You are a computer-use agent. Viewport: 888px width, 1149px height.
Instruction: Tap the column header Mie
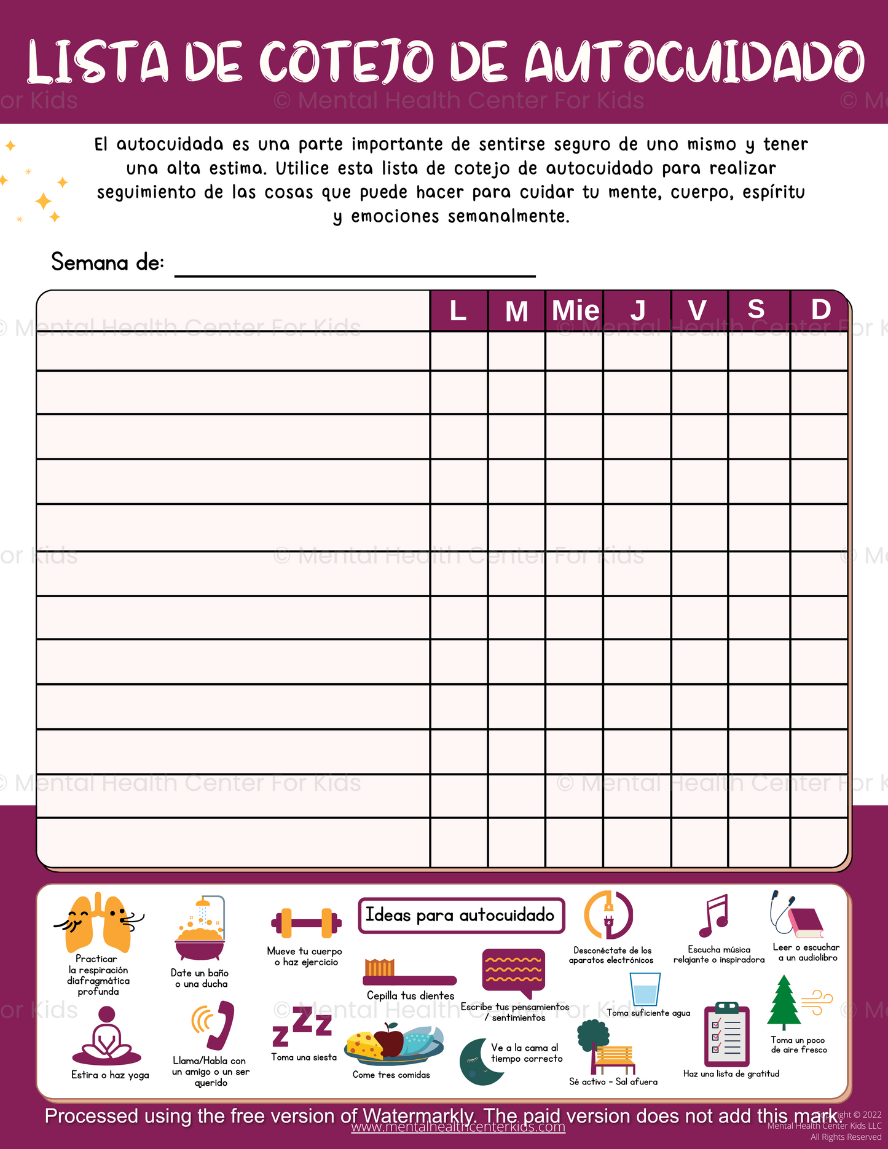point(575,310)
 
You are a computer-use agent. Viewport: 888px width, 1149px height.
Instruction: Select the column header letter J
point(637,310)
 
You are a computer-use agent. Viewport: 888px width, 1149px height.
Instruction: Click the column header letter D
point(820,310)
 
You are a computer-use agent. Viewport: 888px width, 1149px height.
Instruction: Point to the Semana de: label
point(108,262)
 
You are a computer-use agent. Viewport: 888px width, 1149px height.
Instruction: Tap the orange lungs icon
point(99,923)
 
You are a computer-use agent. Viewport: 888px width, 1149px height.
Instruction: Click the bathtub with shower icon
point(200,929)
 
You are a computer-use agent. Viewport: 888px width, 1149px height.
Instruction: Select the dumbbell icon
point(305,923)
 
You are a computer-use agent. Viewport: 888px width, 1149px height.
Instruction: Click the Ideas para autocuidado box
point(461,916)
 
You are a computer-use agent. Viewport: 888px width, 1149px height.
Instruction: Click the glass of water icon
point(645,989)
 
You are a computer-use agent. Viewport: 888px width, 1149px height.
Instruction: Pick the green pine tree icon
point(784,1003)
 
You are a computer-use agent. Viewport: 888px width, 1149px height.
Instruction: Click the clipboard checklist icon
point(726,1035)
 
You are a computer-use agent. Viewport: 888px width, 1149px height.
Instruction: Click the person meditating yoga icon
point(107,1037)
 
